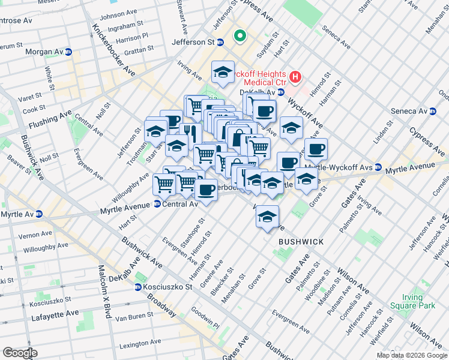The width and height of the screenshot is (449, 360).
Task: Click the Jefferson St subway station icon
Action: [x=220, y=43]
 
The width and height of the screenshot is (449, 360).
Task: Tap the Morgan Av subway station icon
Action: [x=68, y=52]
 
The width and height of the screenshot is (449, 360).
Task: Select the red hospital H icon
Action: [x=295, y=77]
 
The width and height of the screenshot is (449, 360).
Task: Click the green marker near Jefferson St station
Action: [x=240, y=37]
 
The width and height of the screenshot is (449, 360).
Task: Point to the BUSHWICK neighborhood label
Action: [x=301, y=242]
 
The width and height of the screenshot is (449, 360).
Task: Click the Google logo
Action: [x=20, y=353]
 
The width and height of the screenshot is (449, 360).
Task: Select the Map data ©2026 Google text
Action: [x=412, y=355]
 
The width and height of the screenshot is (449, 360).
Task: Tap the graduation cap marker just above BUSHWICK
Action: [x=267, y=217]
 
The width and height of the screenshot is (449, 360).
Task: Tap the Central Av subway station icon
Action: [x=157, y=205]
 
